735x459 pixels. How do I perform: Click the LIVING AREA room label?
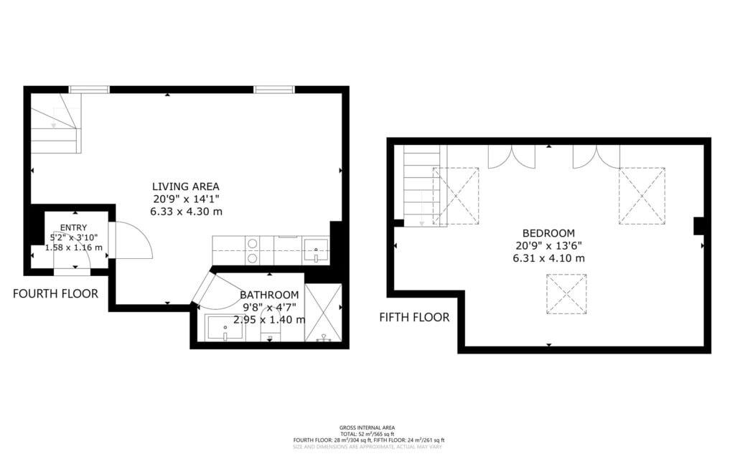(x=185, y=186)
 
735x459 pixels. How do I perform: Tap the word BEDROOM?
(x=548, y=233)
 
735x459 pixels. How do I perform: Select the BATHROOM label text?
(x=269, y=295)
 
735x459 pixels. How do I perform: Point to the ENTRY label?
(x=73, y=227)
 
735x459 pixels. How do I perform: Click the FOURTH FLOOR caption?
(x=55, y=293)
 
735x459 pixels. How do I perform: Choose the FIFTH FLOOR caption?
(x=414, y=317)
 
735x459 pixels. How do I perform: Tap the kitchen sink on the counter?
(x=316, y=250)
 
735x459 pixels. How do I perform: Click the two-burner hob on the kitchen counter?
(x=253, y=250)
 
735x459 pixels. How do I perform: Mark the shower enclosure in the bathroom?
(x=323, y=313)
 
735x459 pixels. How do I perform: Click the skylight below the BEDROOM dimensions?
(x=566, y=294)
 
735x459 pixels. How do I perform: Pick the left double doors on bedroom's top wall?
(x=511, y=156)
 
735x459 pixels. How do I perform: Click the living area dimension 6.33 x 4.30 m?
(x=185, y=212)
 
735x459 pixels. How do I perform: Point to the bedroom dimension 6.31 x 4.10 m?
(x=548, y=258)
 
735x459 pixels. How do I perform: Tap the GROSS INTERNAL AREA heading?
(x=367, y=427)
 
